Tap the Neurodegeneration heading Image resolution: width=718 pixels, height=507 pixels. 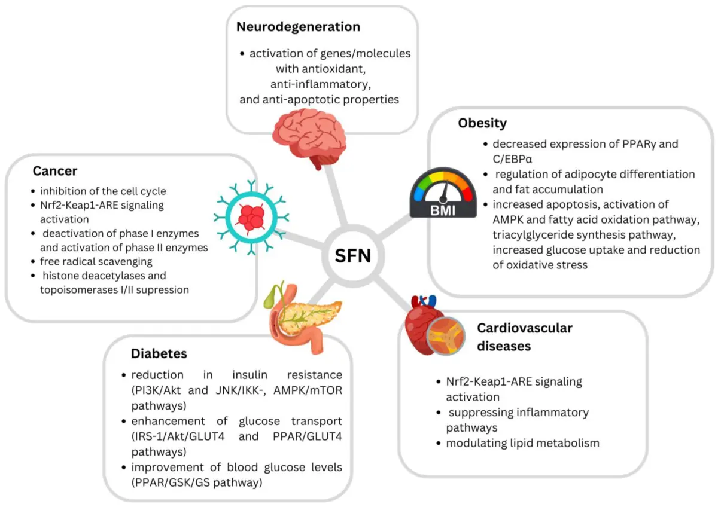pos(298,27)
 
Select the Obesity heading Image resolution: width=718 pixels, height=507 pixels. pos(482,124)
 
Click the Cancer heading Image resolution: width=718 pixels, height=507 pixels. pos(55,171)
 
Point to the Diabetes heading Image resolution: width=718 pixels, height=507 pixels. pos(159,353)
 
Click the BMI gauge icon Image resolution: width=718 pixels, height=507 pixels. pos(442,193)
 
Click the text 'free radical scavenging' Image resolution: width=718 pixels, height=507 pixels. pos(96,261)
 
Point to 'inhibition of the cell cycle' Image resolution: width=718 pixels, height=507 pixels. pos(102,191)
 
